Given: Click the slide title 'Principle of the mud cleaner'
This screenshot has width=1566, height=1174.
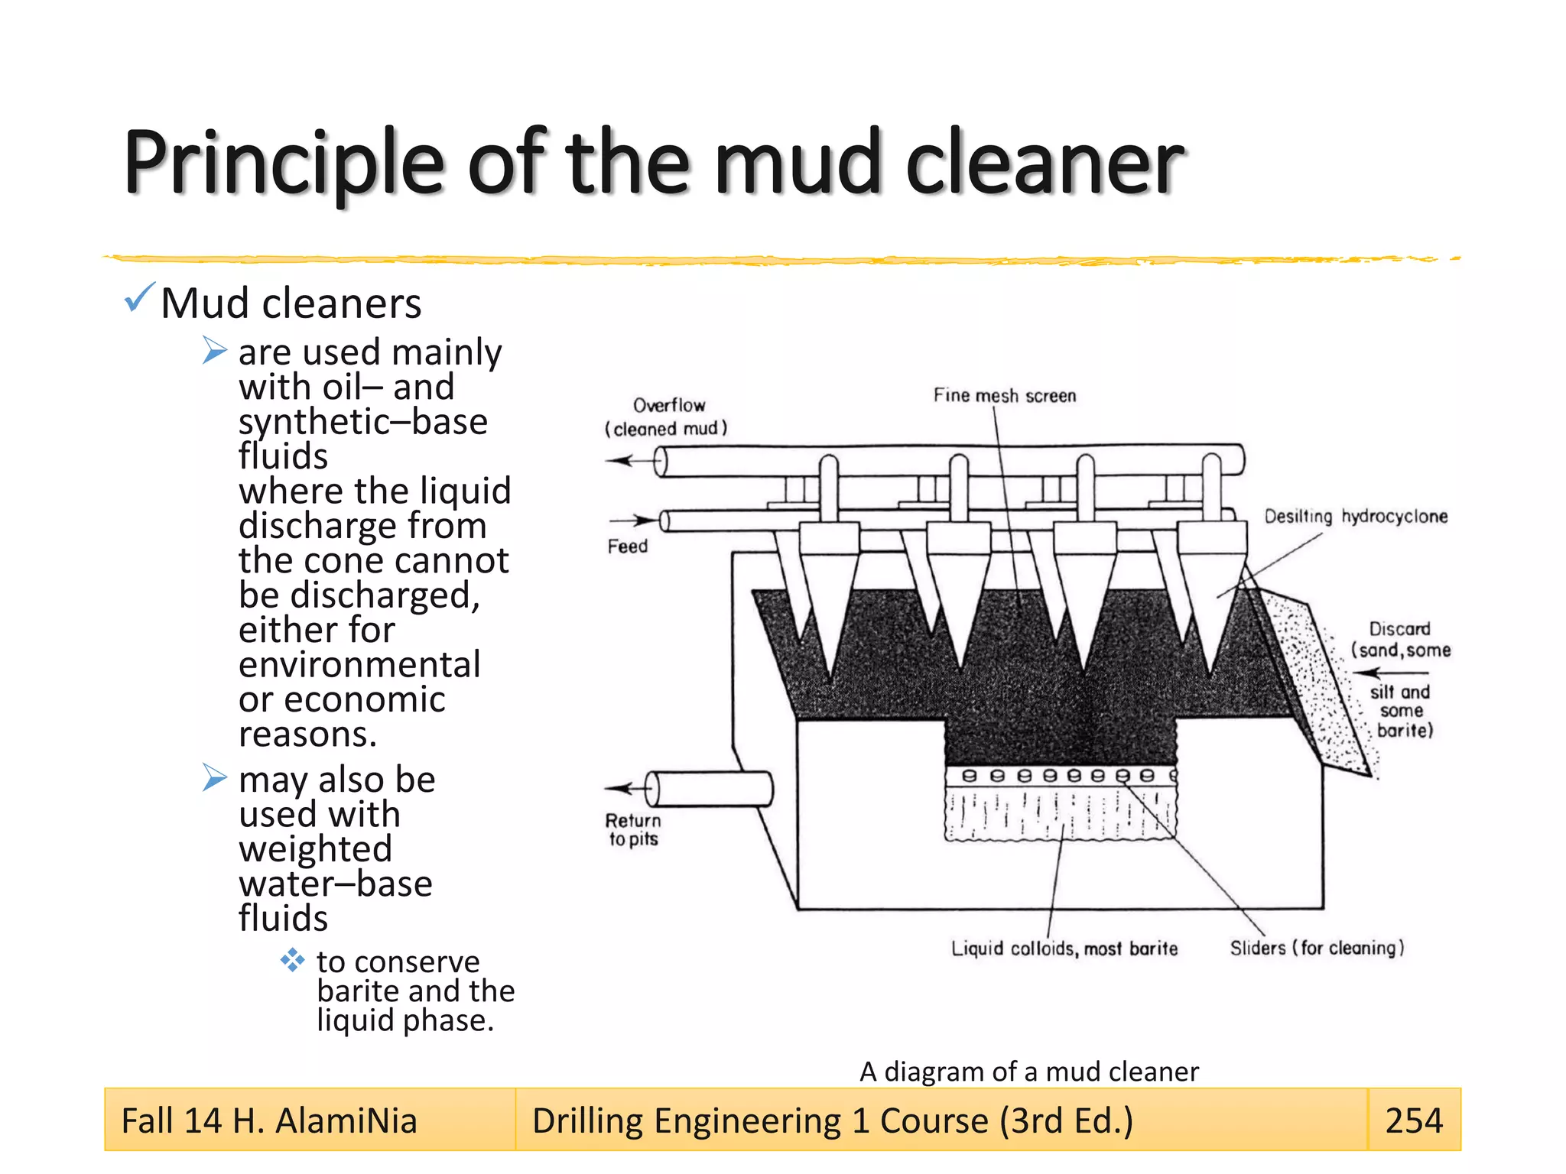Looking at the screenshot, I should (654, 162).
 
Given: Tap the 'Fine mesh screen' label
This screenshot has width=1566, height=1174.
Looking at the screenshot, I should (1004, 396).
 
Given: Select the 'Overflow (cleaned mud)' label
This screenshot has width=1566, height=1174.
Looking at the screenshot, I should (667, 417).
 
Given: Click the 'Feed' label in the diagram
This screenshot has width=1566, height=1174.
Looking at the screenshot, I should (627, 546).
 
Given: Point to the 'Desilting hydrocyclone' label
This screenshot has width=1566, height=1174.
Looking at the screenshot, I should (1355, 517).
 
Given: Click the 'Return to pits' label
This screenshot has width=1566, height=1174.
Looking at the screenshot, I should (633, 830).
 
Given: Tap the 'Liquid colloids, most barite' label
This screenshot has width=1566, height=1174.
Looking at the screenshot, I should (1064, 949).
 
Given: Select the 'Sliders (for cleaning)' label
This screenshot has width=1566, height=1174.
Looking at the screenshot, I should (1317, 948).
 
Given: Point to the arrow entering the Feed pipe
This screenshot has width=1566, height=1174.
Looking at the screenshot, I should (642, 521).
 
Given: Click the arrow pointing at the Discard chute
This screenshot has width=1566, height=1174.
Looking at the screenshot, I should (1388, 673).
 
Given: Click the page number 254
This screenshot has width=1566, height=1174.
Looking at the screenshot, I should (1413, 1120).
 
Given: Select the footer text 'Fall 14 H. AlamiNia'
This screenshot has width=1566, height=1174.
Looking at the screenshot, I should (269, 1121).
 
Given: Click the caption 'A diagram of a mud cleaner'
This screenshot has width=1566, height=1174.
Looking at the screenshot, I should (1028, 1072).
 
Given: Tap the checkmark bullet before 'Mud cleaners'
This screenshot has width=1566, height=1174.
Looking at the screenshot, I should (139, 298).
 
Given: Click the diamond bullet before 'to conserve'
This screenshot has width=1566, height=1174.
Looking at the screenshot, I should (292, 959).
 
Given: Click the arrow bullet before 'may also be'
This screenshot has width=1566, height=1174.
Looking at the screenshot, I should (215, 778).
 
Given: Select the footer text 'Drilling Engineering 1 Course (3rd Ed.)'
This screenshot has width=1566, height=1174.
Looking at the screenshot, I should (832, 1121).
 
